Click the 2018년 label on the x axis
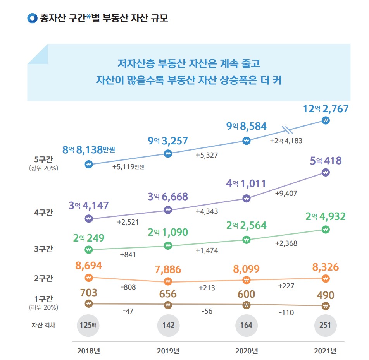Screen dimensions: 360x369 89,351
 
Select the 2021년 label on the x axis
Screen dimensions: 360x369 325,351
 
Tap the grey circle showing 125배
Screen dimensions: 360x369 88,325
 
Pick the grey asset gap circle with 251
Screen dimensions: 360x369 325,325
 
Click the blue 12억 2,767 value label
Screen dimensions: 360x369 326,109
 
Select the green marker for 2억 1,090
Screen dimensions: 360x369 168,246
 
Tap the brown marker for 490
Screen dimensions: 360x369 326,306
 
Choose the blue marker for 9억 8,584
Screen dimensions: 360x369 246,141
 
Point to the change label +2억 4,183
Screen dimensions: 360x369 286,141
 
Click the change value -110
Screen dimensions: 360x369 286,313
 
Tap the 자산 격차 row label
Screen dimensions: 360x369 43,325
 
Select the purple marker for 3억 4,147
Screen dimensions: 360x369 88,219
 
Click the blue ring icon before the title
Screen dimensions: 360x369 32,18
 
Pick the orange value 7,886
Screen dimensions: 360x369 168,269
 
